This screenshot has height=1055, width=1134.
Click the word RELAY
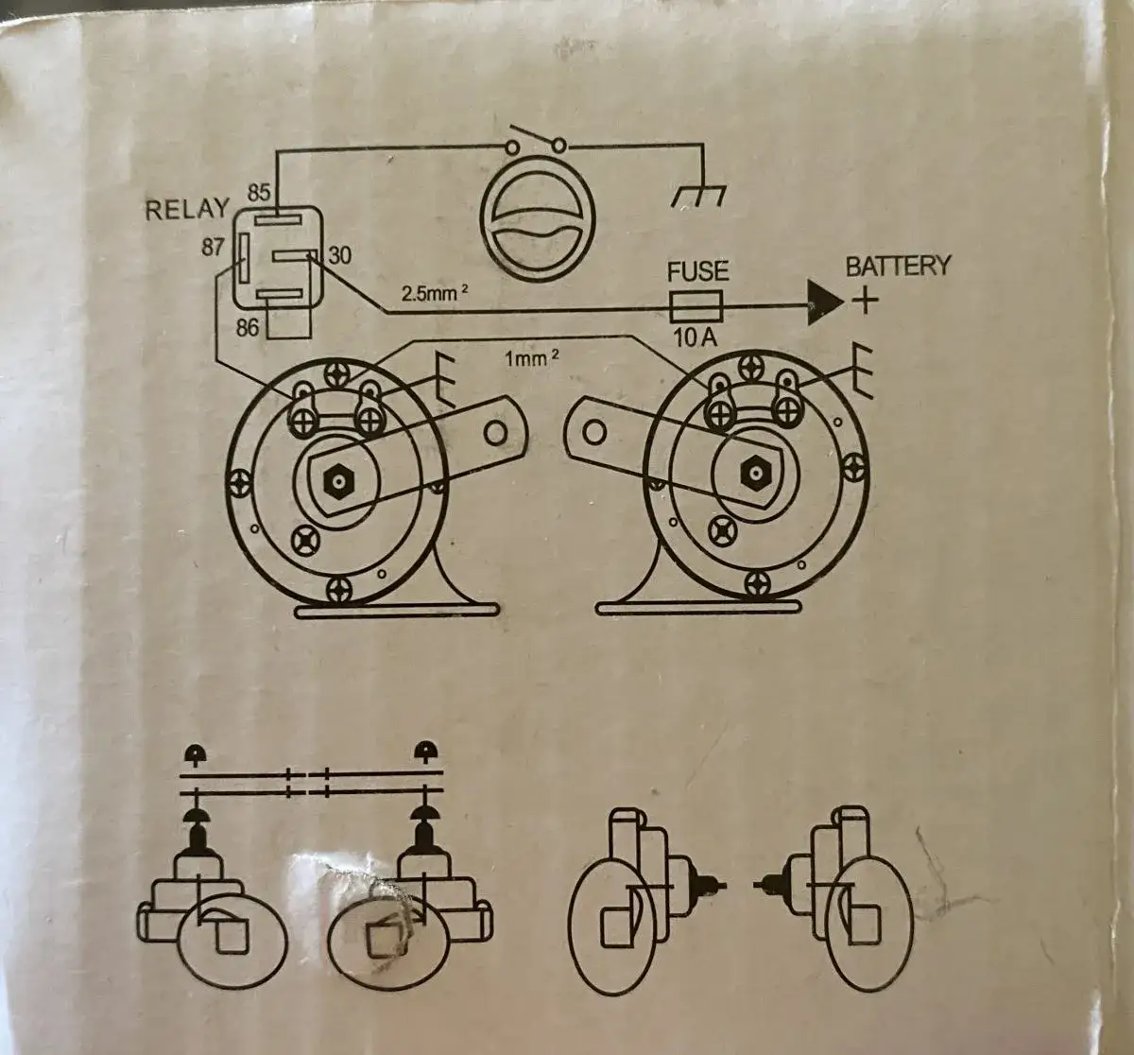pos(186,209)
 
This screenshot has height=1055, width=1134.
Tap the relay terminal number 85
pos(260,192)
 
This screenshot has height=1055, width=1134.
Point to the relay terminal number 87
pos(213,248)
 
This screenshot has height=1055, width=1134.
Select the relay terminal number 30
pos(339,255)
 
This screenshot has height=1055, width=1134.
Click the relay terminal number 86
pos(247,328)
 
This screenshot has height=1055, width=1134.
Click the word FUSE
pos(697,272)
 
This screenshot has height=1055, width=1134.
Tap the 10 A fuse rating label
pos(695,337)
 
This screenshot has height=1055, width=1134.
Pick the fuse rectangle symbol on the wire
pos(696,306)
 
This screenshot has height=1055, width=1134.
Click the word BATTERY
pos(897,266)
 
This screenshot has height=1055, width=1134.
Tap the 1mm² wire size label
pos(531,358)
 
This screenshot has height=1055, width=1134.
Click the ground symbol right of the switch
pos(698,195)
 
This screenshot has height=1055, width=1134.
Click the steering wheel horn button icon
pos(537,226)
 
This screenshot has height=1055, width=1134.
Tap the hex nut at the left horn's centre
pos(337,482)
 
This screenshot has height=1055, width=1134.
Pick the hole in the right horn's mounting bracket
pos(593,433)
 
